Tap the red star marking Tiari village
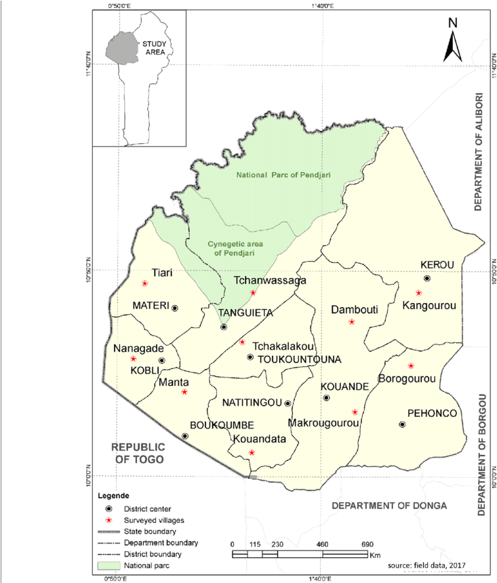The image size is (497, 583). click(x=144, y=283)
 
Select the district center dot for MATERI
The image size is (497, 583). click(x=175, y=308)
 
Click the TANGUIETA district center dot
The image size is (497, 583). click(x=224, y=327)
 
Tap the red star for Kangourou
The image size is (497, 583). click(x=418, y=293)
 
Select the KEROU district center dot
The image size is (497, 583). click(x=426, y=278)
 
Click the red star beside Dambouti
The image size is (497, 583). click(x=351, y=322)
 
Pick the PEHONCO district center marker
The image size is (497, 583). click(x=402, y=424)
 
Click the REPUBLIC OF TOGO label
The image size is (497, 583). click(x=138, y=453)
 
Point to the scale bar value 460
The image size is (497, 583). click(x=322, y=544)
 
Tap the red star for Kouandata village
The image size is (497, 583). click(x=252, y=452)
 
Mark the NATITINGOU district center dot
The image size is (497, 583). click(x=287, y=403)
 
